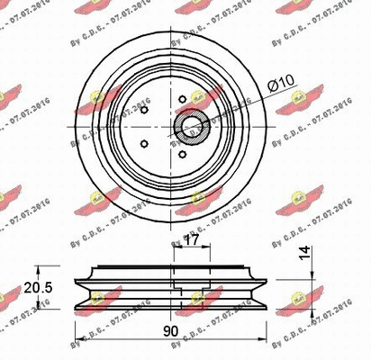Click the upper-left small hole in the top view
tap(145, 112)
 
